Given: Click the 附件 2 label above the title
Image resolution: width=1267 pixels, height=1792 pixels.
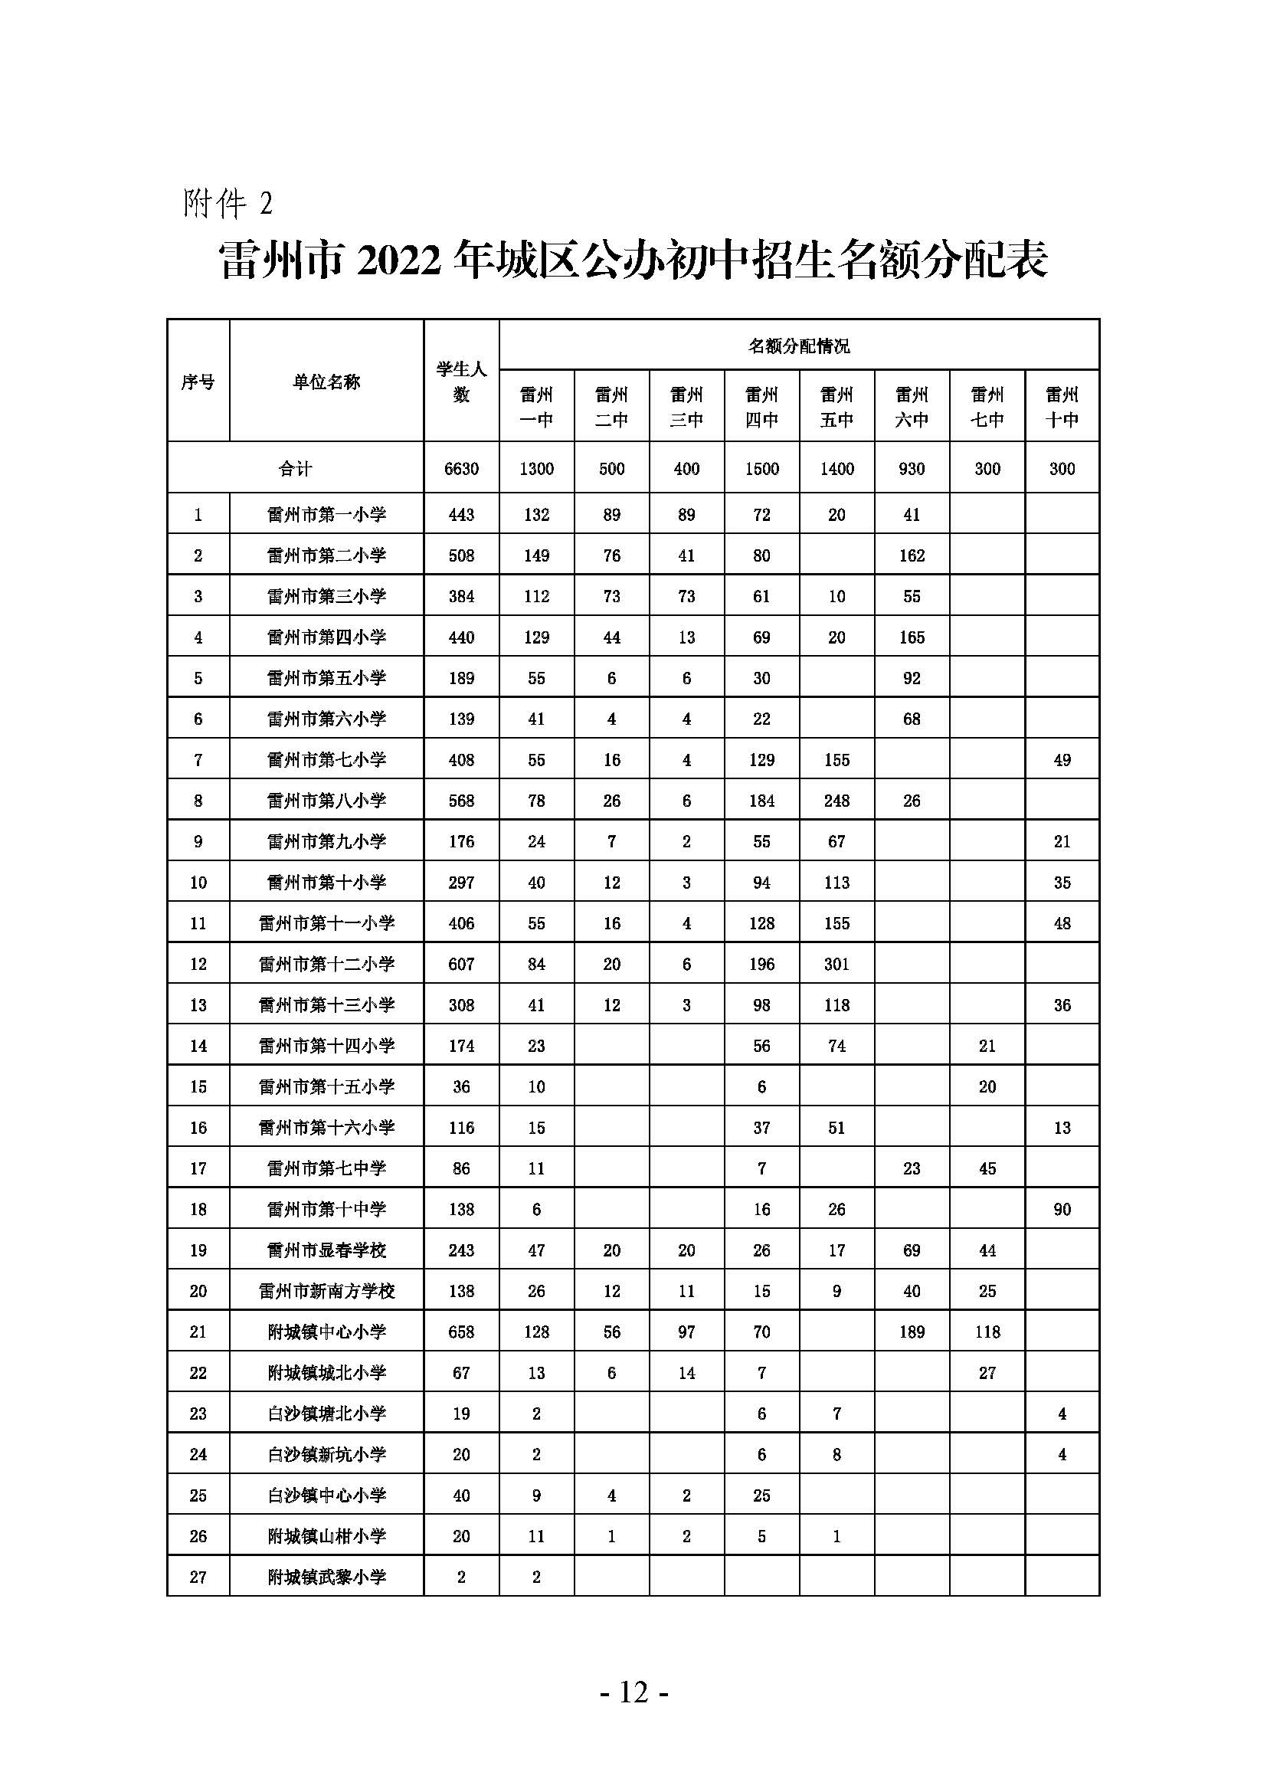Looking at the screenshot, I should (228, 204).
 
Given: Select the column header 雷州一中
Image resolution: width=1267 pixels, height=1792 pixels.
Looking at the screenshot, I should (536, 407).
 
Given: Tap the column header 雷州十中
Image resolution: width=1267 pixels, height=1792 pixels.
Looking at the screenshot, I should (1062, 407).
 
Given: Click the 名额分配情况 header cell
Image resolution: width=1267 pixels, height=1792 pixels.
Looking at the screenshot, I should (799, 346).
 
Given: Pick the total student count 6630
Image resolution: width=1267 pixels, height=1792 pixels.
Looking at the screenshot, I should (461, 468).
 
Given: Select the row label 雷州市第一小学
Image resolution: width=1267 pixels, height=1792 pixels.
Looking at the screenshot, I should (326, 515).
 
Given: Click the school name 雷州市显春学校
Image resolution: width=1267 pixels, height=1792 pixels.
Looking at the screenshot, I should (326, 1250).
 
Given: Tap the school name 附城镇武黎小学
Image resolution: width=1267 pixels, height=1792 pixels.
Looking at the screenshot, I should (326, 1577).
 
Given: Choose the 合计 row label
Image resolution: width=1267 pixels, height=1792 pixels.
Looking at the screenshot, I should (295, 468).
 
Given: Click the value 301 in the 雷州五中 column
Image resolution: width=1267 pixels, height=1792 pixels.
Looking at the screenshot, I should (836, 964).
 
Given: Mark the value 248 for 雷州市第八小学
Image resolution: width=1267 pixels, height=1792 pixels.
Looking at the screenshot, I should (836, 801).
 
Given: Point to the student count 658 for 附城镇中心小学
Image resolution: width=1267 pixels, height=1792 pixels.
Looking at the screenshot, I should (461, 1332).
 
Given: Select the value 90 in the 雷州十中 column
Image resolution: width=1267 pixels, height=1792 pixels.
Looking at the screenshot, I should (1062, 1209).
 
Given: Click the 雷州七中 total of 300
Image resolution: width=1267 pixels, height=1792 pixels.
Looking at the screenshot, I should (987, 468).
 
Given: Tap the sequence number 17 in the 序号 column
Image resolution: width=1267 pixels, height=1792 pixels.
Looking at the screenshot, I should (198, 1168).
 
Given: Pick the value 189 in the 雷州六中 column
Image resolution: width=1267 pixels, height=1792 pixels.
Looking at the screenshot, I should (912, 1332).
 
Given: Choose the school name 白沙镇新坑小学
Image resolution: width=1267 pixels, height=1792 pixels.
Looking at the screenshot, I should (326, 1454).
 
